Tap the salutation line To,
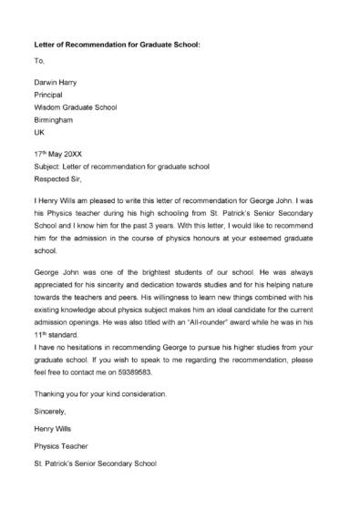click(38, 61)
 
